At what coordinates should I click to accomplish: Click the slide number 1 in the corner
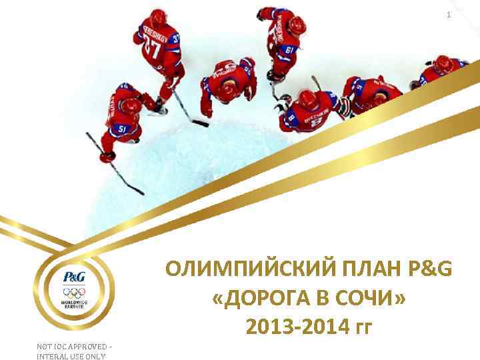(449, 15)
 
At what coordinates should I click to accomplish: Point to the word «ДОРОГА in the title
(260, 299)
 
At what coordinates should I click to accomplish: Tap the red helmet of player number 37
(157, 18)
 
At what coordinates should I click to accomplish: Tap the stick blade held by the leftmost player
(137, 191)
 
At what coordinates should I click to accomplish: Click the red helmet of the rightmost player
(443, 63)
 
